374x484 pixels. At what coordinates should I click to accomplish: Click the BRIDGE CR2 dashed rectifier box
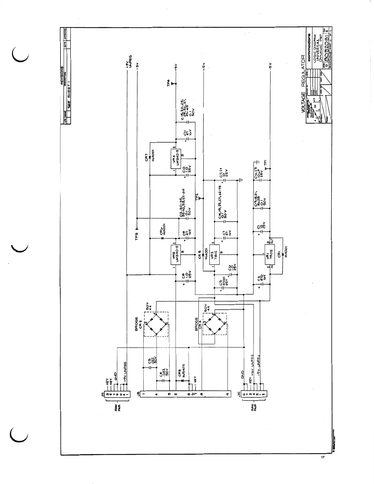(156, 324)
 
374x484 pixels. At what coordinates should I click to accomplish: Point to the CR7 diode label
(146, 158)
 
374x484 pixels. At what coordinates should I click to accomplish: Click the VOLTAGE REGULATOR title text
(303, 87)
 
